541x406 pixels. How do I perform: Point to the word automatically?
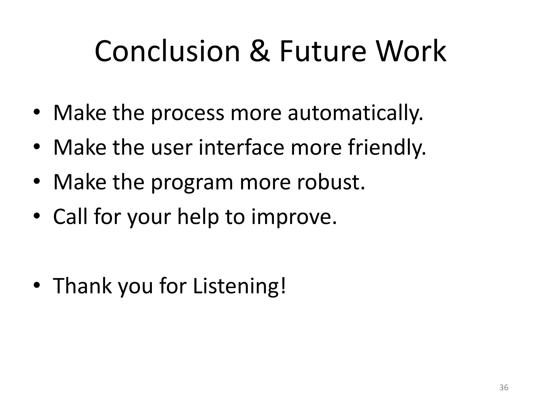[355, 113]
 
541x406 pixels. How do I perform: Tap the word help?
[198, 217]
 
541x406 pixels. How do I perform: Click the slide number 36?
[504, 387]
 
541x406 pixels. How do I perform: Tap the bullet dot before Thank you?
[37, 286]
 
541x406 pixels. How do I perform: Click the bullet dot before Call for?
[37, 217]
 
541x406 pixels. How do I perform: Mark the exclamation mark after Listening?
[283, 285]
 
